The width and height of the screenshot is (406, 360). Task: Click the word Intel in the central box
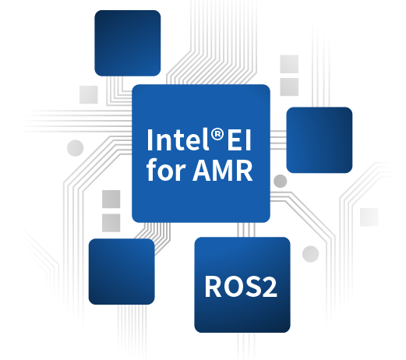pyautogui.click(x=178, y=139)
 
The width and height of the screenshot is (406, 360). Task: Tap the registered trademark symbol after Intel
pyautogui.click(x=217, y=135)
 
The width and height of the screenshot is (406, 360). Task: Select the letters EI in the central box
pyautogui.click(x=239, y=139)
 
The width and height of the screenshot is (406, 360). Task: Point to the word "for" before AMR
pyautogui.click(x=166, y=169)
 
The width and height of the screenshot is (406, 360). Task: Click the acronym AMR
pyautogui.click(x=223, y=171)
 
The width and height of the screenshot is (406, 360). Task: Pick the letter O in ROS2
pyautogui.click(x=234, y=287)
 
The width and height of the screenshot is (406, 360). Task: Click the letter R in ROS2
pyautogui.click(x=214, y=287)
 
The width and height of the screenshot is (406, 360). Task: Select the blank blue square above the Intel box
pyautogui.click(x=128, y=43)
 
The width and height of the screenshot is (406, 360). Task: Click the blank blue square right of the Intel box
pyautogui.click(x=320, y=140)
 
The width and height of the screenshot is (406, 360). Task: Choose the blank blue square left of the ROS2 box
pyautogui.click(x=122, y=272)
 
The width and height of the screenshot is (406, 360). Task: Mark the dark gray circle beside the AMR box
pyautogui.click(x=281, y=181)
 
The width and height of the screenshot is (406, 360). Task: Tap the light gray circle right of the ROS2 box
pyautogui.click(x=310, y=254)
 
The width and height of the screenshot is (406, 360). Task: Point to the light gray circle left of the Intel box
pyautogui.click(x=76, y=148)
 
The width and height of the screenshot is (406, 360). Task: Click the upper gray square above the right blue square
pyautogui.click(x=289, y=64)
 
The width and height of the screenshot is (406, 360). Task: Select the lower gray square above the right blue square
pyautogui.click(x=289, y=86)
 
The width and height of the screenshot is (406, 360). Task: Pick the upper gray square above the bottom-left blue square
pyautogui.click(x=111, y=199)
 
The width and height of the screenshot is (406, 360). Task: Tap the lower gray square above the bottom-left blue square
pyautogui.click(x=111, y=223)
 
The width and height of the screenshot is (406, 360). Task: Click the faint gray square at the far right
pyautogui.click(x=369, y=217)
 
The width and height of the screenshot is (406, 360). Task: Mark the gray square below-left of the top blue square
pyautogui.click(x=89, y=94)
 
